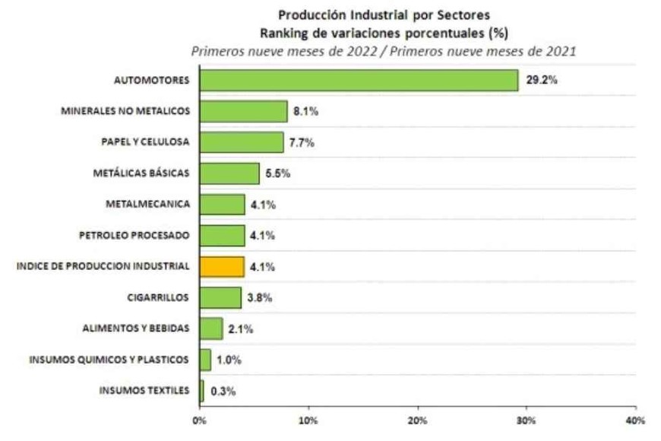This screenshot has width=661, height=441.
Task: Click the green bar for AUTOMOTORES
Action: pyautogui.click(x=359, y=80)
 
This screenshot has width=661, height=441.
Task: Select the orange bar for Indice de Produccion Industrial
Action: pyautogui.click(x=222, y=267)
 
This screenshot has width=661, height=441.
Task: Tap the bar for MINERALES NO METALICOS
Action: pyautogui.click(x=243, y=111)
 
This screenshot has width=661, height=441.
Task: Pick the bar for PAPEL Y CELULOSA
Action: pyautogui.click(x=242, y=142)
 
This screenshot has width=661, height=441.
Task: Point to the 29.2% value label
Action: pyautogui.click(x=542, y=80)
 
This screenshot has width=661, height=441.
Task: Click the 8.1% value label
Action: pyautogui.click(x=304, y=111)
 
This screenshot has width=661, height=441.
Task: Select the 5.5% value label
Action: pyautogui.click(x=277, y=173)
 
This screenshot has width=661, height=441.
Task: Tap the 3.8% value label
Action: pyautogui.click(x=259, y=298)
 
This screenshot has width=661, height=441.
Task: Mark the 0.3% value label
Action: pyautogui.click(x=223, y=392)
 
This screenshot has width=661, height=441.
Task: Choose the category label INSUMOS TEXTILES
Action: pyautogui.click(x=143, y=392)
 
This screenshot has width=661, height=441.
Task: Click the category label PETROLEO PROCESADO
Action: pyautogui.click(x=134, y=236)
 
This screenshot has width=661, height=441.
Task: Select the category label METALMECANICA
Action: pyautogui.click(x=148, y=205)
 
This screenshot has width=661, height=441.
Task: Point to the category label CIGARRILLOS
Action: pyautogui.click(x=157, y=298)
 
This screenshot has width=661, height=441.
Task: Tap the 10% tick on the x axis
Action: pyautogui.click(x=308, y=420)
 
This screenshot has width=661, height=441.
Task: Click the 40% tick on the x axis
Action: pyautogui.click(x=634, y=420)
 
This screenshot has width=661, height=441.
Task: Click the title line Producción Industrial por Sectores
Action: pyautogui.click(x=383, y=15)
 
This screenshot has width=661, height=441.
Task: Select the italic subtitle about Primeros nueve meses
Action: pyautogui.click(x=383, y=51)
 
